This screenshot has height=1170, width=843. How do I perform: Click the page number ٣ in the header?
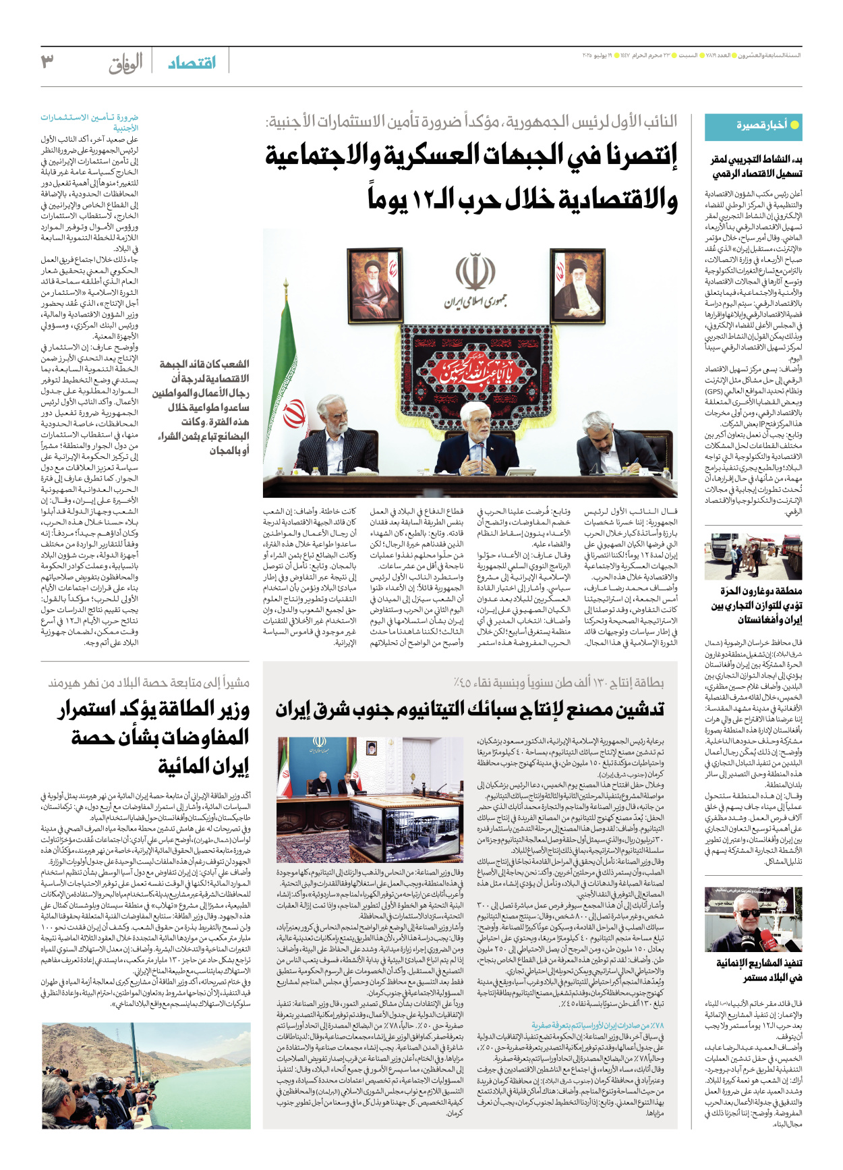tap(47, 62)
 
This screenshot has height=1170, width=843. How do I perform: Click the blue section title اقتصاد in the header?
tap(192, 63)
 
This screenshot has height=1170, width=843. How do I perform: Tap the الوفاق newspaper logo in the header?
tap(126, 63)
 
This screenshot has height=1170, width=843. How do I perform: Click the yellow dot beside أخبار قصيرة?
tap(794, 125)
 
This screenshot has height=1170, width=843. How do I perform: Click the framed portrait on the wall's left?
tap(373, 284)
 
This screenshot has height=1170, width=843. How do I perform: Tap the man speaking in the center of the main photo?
tap(477, 445)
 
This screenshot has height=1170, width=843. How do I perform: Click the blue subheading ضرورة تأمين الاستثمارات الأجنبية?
tap(91, 122)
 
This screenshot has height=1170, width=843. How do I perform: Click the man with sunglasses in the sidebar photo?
tap(750, 925)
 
